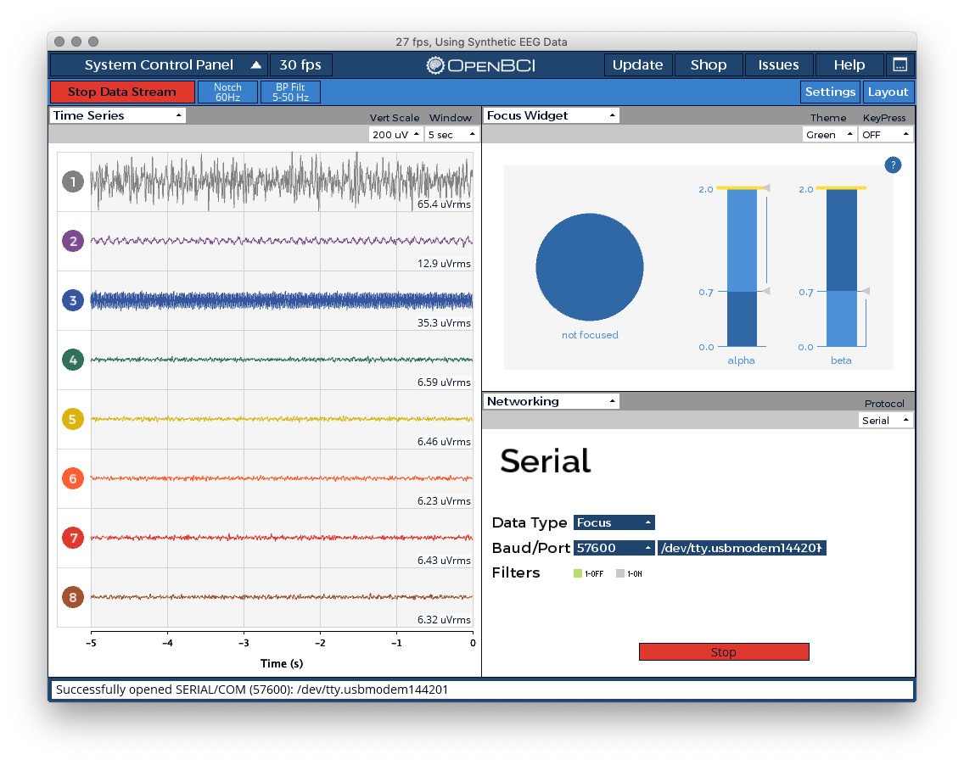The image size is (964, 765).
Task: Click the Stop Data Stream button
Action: (122, 92)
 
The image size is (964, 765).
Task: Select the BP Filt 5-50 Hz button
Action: (291, 92)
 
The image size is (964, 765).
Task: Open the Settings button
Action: (830, 92)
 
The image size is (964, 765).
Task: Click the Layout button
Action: (888, 92)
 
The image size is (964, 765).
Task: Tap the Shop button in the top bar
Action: (709, 65)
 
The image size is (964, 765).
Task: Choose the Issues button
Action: (778, 65)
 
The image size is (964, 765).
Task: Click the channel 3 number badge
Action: (73, 300)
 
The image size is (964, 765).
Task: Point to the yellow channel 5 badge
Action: (73, 419)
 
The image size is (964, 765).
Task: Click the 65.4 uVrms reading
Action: (444, 204)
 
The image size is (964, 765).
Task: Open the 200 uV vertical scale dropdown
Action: (396, 135)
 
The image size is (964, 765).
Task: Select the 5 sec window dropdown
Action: (451, 135)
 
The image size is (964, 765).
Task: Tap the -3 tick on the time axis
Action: (244, 644)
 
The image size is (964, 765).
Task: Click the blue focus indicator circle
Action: (590, 266)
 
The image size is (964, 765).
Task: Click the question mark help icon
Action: (893, 165)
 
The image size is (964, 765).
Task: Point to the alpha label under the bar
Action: (741, 360)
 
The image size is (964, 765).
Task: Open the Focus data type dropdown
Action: (614, 522)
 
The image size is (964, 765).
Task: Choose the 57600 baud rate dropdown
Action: (614, 548)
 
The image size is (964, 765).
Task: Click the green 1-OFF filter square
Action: (577, 573)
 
